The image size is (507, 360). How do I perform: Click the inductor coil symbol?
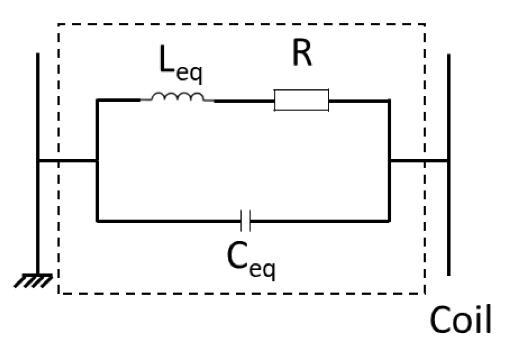pyautogui.click(x=177, y=97)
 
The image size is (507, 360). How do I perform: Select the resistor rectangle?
pyautogui.click(x=301, y=100)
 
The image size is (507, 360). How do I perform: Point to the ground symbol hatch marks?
pyautogui.click(x=33, y=280)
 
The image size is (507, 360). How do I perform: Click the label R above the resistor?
pyautogui.click(x=302, y=56)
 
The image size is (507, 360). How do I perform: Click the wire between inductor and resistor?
pyautogui.click(x=244, y=100)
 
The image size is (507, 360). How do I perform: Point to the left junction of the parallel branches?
pyautogui.click(x=97, y=161)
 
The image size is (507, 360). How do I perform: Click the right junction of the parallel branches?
pyautogui.click(x=390, y=161)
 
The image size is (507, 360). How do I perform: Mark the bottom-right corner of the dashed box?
pyautogui.click(x=424, y=293)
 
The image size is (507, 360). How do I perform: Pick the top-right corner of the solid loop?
pyautogui.click(x=389, y=100)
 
